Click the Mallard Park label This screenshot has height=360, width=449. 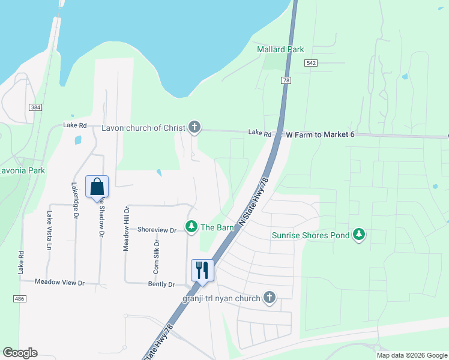[280, 49]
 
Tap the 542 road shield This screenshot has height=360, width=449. [310, 64]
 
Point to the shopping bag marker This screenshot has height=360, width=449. [97, 187]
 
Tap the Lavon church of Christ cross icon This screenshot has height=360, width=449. [194, 127]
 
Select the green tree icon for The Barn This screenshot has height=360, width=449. [191, 227]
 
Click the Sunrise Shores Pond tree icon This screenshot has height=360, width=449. [359, 235]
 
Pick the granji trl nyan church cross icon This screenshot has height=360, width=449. [270, 298]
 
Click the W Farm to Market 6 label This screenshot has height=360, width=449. [320, 134]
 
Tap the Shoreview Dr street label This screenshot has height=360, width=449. [157, 230]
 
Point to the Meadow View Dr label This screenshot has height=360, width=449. [59, 282]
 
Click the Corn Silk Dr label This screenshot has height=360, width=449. [155, 257]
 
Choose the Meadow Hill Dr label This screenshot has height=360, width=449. [126, 229]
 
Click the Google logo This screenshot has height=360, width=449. [20, 353]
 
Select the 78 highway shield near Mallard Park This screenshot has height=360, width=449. [286, 80]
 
